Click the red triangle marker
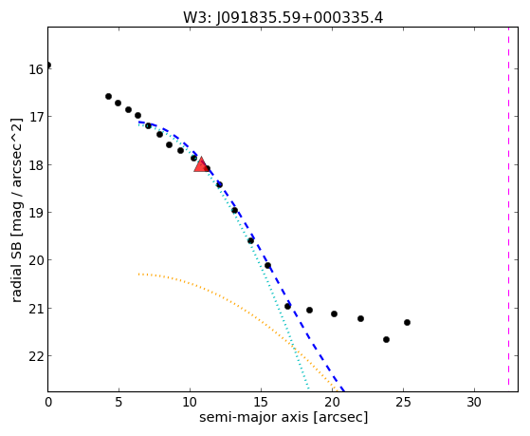tap(201, 164)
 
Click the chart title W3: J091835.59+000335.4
tap(283, 18)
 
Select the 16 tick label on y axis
tap(36, 69)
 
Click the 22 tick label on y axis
tap(36, 356)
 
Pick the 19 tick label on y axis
tap(36, 213)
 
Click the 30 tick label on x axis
tap(474, 402)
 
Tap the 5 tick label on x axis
tap(119, 402)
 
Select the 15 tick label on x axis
tap(261, 402)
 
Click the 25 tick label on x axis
tap(403, 402)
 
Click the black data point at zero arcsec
tap(48, 65)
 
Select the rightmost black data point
tap(407, 322)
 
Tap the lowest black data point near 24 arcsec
tap(386, 339)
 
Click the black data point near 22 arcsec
tap(360, 318)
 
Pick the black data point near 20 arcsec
tap(334, 313)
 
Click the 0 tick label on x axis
tap(48, 402)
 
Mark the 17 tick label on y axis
tap(36, 117)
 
